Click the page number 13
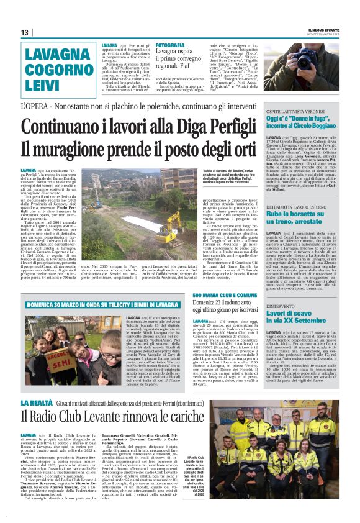pyautogui.click(x=24, y=32)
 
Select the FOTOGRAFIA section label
pyautogui.click(x=169, y=45)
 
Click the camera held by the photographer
pyautogui.click(x=291, y=60)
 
